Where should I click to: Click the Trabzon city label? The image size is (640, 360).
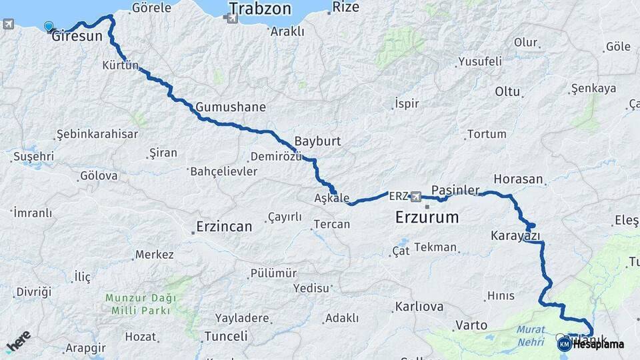(261, 9)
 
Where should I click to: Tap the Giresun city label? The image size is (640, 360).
(77, 36)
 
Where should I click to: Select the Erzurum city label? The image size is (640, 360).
(427, 217)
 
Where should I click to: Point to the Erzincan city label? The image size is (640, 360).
(224, 227)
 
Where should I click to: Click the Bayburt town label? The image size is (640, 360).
(318, 142)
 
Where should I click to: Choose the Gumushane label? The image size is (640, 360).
(231, 107)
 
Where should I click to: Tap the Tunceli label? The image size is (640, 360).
(226, 336)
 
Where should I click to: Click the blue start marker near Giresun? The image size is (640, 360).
(49, 27)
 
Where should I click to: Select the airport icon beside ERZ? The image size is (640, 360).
(417, 197)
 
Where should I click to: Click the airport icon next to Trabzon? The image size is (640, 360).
(231, 19)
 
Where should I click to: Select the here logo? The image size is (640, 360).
(18, 341)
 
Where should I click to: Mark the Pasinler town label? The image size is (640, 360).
(455, 190)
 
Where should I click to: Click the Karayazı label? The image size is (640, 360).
(515, 235)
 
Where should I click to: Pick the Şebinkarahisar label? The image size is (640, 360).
(97, 134)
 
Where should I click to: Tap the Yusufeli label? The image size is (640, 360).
(479, 61)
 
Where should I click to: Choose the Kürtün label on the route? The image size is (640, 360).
(121, 65)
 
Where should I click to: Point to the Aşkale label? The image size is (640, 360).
(331, 198)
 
